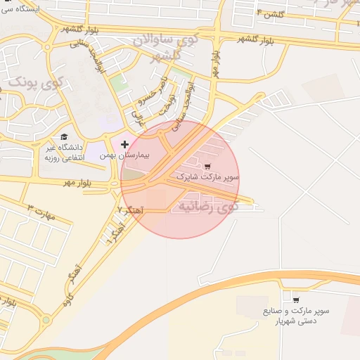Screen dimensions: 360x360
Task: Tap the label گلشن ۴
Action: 269,13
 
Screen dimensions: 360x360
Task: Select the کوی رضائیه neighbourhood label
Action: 208,206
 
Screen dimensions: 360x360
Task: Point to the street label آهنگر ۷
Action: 131,210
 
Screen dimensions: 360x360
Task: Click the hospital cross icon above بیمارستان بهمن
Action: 125,143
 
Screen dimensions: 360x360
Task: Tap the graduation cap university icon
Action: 64,136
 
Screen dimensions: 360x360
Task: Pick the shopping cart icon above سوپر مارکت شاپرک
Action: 207,167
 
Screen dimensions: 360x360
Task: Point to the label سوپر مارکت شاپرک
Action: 208,177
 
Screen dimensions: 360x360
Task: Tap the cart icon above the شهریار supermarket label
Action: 295,299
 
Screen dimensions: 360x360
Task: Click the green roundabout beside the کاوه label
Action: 46,321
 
